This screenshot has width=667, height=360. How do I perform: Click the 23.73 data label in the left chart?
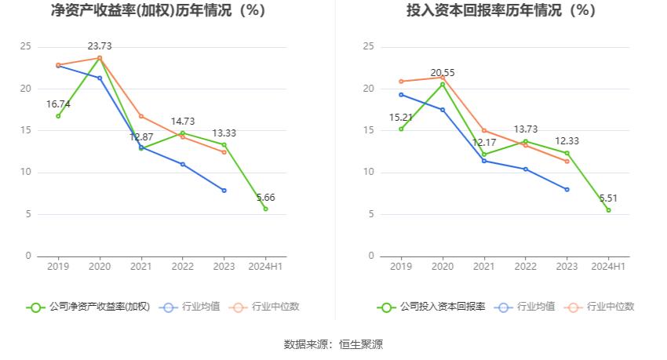point(100,46)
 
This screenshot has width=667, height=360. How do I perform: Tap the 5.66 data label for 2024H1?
point(265,198)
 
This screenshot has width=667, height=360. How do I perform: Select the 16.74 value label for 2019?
point(58,104)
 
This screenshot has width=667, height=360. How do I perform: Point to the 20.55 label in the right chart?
point(443,73)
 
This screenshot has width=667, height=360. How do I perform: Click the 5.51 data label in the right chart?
point(608,198)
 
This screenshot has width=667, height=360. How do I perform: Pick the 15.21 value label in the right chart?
point(401,117)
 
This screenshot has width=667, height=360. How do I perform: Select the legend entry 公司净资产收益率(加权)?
point(88,307)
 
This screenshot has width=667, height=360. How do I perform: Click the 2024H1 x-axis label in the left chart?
point(265,267)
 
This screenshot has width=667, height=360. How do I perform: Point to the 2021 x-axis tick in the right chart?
point(484,267)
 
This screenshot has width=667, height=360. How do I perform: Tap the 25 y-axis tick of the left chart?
point(26,47)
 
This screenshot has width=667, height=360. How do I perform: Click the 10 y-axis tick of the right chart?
point(369,173)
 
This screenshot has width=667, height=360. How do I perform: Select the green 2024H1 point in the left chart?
point(265,209)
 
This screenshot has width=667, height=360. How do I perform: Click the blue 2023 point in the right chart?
point(567,189)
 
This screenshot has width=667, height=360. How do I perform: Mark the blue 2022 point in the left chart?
point(182,164)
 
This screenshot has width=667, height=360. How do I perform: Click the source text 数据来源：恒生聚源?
point(333,344)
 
